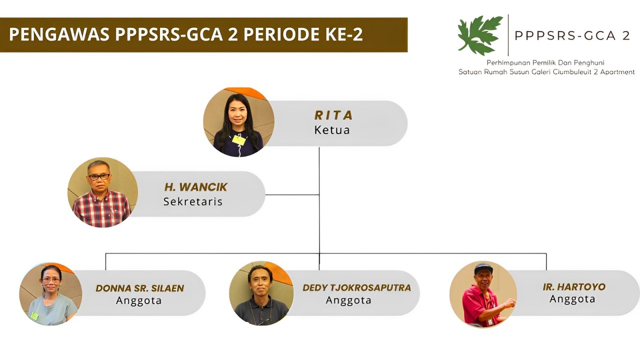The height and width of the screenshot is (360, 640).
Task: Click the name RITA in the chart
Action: click(x=333, y=115)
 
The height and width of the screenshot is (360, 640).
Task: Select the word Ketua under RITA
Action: click(x=332, y=130)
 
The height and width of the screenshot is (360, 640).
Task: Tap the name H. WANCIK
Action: click(x=195, y=187)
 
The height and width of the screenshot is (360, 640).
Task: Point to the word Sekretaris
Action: click(x=193, y=201)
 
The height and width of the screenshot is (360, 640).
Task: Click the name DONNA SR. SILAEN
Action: click(x=139, y=288)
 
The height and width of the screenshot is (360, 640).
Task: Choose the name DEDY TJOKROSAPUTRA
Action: click(x=356, y=287)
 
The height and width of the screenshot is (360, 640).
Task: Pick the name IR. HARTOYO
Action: click(x=574, y=287)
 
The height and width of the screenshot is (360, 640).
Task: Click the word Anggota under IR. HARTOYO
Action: click(x=572, y=299)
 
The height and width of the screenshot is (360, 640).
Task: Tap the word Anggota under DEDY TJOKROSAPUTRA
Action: click(x=348, y=300)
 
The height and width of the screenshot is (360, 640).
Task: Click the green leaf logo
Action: click(x=480, y=35)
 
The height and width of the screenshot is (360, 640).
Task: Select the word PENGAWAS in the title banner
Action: click(x=59, y=34)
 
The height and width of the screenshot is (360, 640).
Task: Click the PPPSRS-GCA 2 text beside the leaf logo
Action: click(x=572, y=35)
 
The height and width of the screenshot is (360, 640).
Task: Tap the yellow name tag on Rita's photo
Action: click(x=239, y=140)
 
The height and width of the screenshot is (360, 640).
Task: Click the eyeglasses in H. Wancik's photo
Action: click(x=99, y=177)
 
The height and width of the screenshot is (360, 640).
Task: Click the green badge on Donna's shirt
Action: click(x=34, y=315)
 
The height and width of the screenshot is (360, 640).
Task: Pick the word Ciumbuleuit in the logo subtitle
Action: click(x=572, y=72)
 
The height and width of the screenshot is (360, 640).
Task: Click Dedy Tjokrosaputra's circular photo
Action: click(x=261, y=293)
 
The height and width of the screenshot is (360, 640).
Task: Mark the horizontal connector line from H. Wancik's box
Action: click(x=292, y=195)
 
